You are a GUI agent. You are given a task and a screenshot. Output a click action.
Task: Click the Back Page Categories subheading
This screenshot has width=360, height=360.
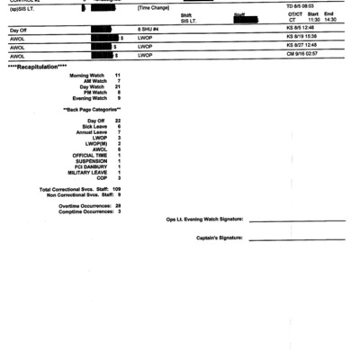coord(92,109)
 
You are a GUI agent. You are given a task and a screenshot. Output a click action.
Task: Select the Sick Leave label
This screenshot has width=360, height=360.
coord(94,126)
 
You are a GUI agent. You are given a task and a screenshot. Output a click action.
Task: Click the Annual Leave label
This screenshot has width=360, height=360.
coord(92,131)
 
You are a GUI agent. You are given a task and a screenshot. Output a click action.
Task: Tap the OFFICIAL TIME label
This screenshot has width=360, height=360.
coord(89,155)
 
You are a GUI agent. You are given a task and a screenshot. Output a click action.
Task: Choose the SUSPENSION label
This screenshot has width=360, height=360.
coord(92,161)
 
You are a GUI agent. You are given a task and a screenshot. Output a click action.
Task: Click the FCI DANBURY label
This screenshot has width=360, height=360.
coord(91,166)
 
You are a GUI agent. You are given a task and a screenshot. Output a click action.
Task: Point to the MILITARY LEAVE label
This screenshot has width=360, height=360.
coord(88,173)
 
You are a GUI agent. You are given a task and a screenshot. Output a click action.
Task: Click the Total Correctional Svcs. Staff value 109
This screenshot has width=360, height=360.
coord(117,189)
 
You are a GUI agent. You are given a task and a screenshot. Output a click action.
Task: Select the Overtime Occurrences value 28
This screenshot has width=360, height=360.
coord(118,205)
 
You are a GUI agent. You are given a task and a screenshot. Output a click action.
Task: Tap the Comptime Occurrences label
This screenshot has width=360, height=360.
coord(84,211)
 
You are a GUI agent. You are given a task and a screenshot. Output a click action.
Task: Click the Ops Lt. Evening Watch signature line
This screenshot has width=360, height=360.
coord(297,220)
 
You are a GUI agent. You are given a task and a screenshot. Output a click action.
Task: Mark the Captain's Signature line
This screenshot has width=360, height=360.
coord(297,238)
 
